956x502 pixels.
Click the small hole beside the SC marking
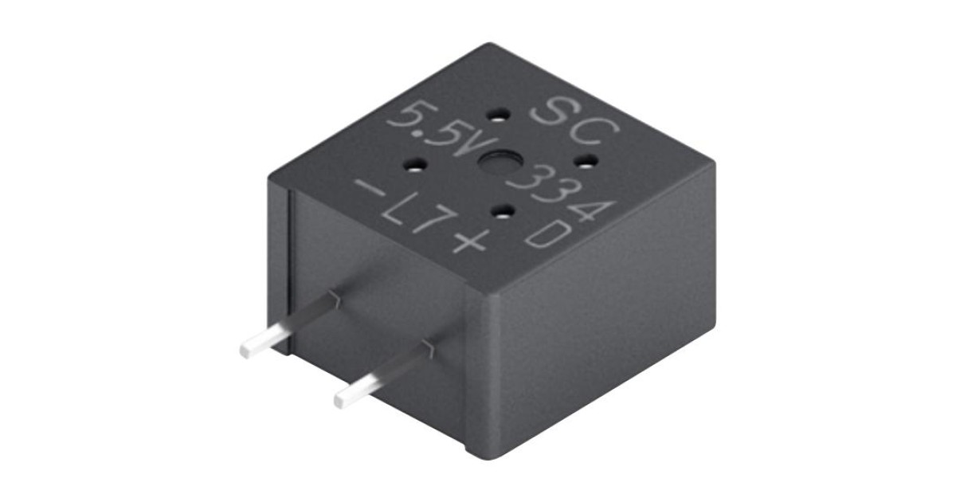pyautogui.click(x=500, y=116)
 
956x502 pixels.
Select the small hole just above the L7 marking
pyautogui.click(x=502, y=211)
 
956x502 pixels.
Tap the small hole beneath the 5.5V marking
pyautogui.click(x=416, y=167)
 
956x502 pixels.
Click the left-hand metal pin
pyautogui.click(x=287, y=326)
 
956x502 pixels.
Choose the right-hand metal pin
pyautogui.click(x=382, y=375)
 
